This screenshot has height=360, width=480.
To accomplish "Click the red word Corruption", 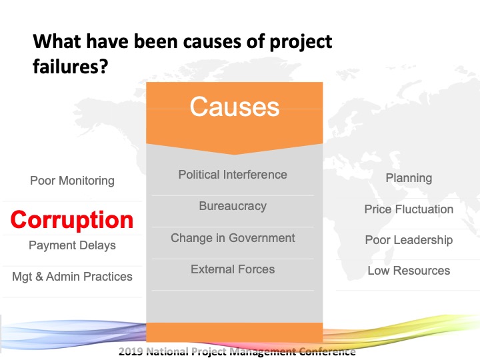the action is click(72, 220).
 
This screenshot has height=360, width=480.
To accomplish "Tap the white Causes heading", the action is click(235, 107).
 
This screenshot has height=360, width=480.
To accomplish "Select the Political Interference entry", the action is click(233, 175).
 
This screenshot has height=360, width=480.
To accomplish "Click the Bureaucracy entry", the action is click(233, 206).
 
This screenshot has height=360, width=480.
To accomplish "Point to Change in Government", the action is click(233, 238).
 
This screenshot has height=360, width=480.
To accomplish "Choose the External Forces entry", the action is click(233, 269).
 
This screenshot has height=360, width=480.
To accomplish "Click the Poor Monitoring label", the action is click(72, 181).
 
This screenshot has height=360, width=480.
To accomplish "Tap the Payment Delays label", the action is click(72, 245).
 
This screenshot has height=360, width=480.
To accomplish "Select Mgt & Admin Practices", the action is click(72, 277).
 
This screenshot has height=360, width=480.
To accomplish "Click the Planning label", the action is click(409, 178).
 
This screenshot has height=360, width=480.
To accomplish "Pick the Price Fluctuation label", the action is click(409, 209).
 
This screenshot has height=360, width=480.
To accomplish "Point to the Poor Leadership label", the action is click(409, 240).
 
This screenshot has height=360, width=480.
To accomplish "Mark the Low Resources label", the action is click(409, 271).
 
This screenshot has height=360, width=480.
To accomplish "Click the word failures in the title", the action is click(67, 66).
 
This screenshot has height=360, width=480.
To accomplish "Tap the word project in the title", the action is click(301, 42).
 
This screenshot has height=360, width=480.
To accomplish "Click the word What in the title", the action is click(57, 41).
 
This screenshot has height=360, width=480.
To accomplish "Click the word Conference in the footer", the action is click(327, 351).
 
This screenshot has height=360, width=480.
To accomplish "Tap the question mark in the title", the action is click(105, 66).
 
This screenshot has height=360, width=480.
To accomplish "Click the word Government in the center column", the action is click(262, 238).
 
